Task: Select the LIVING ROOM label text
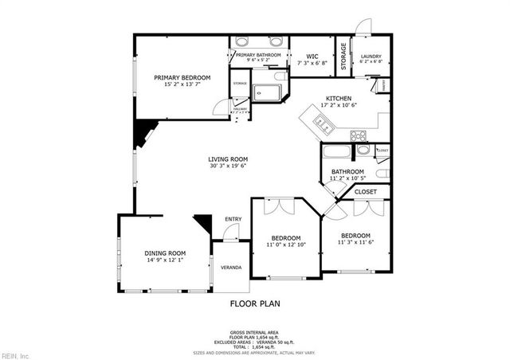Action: point(229,159)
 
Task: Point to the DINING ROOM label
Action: point(165,253)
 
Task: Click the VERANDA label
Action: point(231,268)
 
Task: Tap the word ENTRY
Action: point(233,219)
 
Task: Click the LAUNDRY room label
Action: point(371,56)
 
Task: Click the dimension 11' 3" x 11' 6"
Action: point(355,242)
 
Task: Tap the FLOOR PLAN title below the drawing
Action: point(255,303)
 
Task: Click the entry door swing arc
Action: point(230,233)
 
